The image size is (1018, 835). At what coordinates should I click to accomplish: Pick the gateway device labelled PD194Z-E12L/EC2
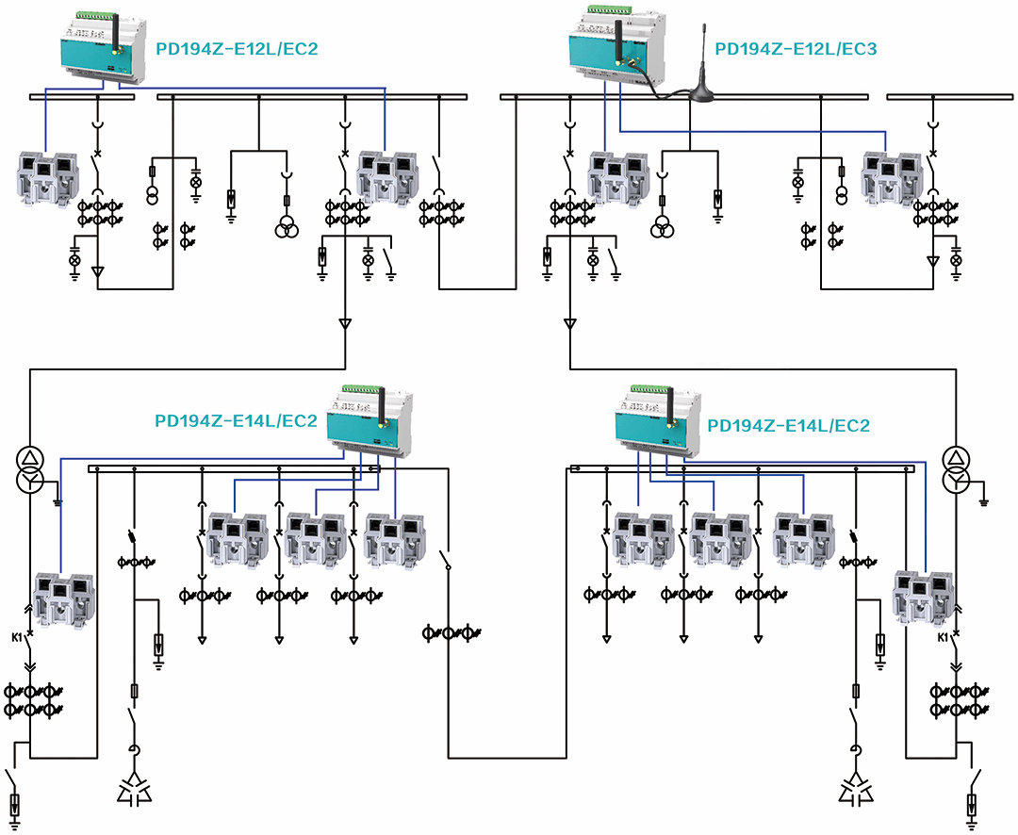pyautogui.click(x=103, y=48)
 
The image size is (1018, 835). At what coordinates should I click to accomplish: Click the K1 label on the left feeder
pyautogui.click(x=18, y=637)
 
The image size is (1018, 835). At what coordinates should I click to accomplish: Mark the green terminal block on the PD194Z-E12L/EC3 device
pyautogui.click(x=613, y=11)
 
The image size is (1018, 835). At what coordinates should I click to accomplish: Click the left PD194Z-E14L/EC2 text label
pyautogui.click(x=236, y=421)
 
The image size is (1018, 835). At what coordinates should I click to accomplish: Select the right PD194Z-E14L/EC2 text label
pyautogui.click(x=788, y=426)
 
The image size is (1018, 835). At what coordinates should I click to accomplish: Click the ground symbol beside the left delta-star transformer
pyautogui.click(x=58, y=499)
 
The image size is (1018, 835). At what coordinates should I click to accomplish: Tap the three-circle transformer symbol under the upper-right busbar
pyautogui.click(x=664, y=227)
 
